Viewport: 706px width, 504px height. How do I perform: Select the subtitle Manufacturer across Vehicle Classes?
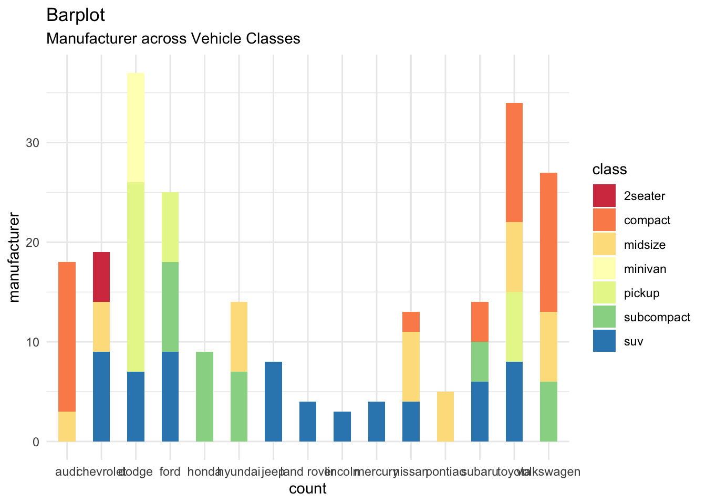pyautogui.click(x=173, y=39)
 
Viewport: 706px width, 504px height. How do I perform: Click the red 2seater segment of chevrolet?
pyautogui.click(x=101, y=277)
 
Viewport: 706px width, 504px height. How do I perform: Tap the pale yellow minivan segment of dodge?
pyautogui.click(x=136, y=128)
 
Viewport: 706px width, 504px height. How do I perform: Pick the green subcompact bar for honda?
pyautogui.click(x=204, y=396)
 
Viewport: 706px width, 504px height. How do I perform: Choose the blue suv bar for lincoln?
pyautogui.click(x=342, y=426)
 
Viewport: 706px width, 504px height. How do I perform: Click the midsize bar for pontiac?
pyautogui.click(x=445, y=416)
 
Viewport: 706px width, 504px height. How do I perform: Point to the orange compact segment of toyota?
pyautogui.click(x=514, y=162)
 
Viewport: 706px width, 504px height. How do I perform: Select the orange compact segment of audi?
pyautogui.click(x=67, y=337)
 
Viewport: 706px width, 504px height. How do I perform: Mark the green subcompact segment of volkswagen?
pyautogui.click(x=548, y=412)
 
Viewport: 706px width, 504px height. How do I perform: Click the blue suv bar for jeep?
pyautogui.click(x=273, y=402)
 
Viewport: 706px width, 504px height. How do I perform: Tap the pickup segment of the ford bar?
pyautogui.click(x=170, y=227)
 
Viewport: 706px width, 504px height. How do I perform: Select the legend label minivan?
pyautogui.click(x=645, y=269)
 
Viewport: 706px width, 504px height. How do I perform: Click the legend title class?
pyautogui.click(x=609, y=170)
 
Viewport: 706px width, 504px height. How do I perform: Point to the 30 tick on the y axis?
pyautogui.click(x=33, y=143)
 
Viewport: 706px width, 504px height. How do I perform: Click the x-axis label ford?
pyautogui.click(x=170, y=471)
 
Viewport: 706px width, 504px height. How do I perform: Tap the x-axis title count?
pyautogui.click(x=308, y=489)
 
